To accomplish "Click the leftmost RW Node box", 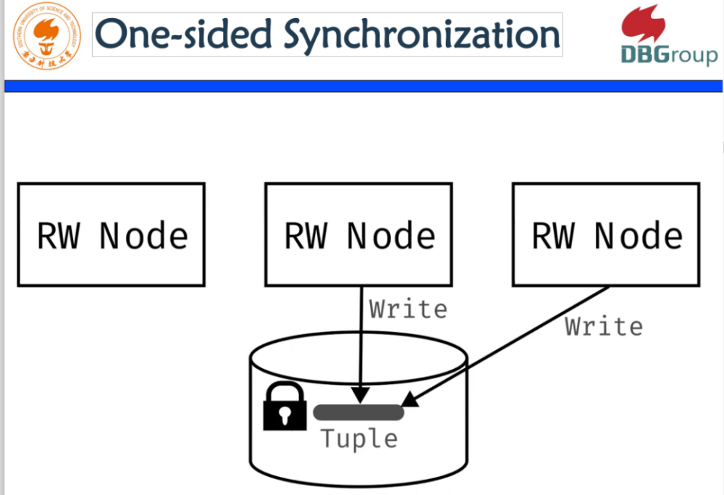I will pos(111,234).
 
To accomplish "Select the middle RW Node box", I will pos(359,234).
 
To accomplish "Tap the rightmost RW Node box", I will pos(606,234).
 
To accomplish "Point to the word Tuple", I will pos(359,439).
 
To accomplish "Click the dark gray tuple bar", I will pos(358,412).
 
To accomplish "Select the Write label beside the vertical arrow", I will pos(408,309).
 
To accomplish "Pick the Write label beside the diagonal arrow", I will pos(604,327).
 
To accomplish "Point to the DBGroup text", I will pos(668,55).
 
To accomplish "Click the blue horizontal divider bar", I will pos(362,86).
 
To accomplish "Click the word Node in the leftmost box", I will pos(143,236).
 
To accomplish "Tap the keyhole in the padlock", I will pos(284,415).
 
